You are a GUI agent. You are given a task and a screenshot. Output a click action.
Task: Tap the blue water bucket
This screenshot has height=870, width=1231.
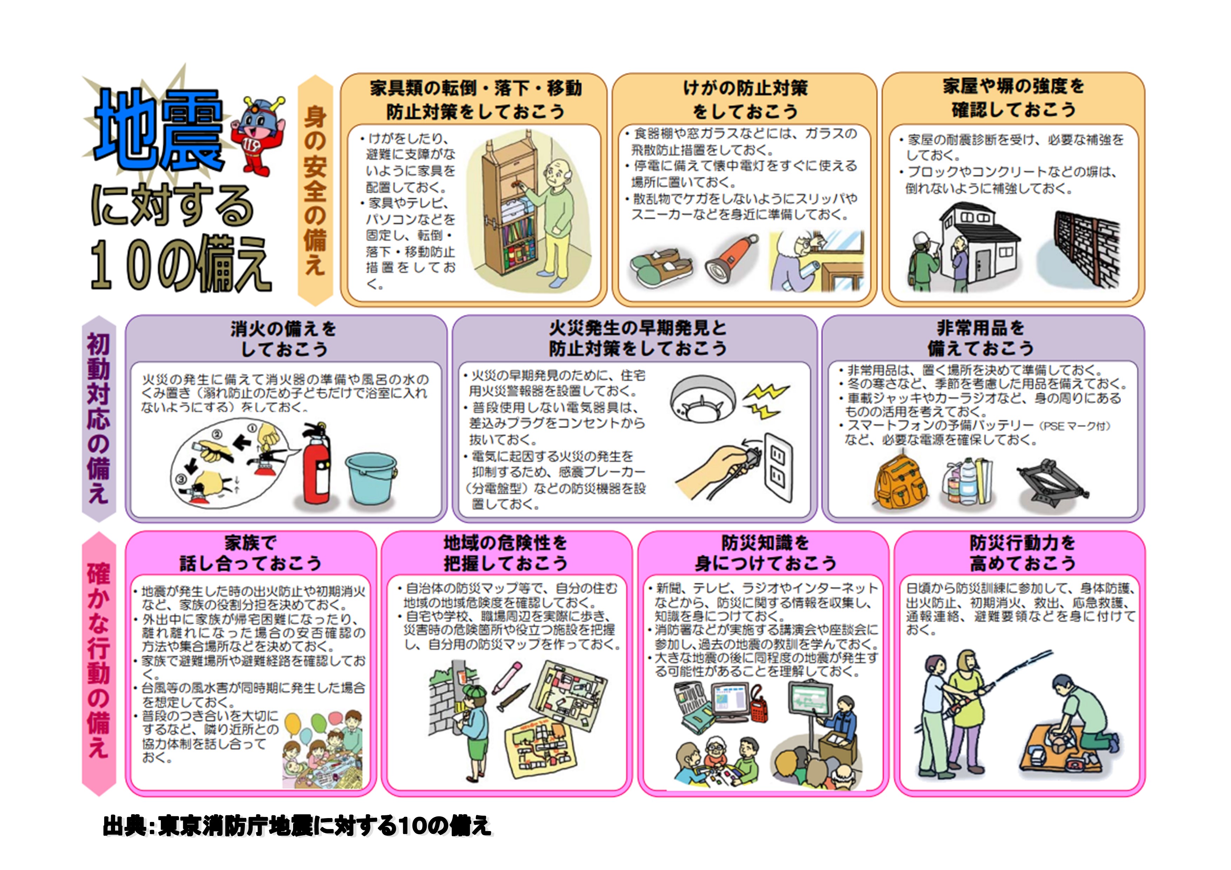(x=371, y=480)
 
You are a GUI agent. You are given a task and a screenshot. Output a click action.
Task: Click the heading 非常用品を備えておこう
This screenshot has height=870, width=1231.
(x=980, y=338)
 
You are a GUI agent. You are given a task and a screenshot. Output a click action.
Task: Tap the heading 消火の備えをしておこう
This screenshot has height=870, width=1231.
(x=284, y=339)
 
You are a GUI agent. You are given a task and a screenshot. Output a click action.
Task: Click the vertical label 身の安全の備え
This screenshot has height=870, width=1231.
(x=315, y=190)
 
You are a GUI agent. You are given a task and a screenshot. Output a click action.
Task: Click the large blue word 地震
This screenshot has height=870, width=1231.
(x=159, y=130)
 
